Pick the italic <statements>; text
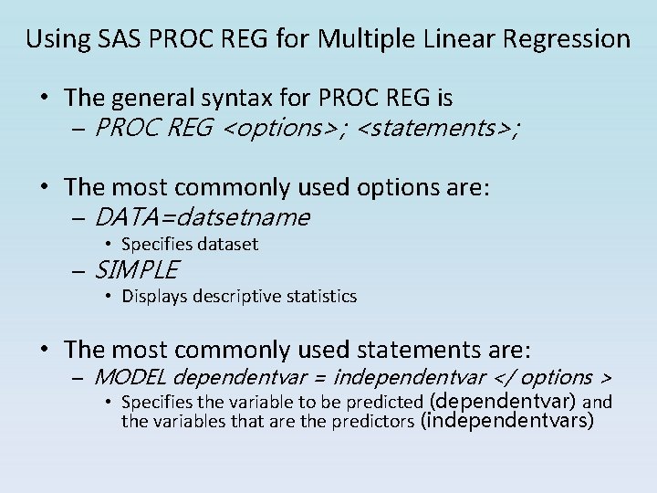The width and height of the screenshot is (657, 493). (439, 130)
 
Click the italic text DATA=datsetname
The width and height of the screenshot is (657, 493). (202, 217)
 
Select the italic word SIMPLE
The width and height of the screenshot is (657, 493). (136, 270)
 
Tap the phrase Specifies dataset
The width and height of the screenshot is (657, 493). (190, 245)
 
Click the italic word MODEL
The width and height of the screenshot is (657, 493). (130, 377)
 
